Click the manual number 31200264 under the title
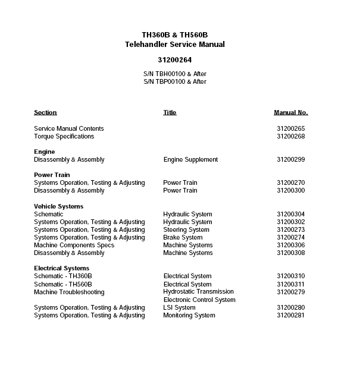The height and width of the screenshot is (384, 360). (174, 59)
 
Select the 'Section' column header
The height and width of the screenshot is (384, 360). (45, 112)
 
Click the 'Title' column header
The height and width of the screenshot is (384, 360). (170, 112)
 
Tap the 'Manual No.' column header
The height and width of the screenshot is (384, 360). (290, 112)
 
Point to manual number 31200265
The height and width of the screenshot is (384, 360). (290, 128)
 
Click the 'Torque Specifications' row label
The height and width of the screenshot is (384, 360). (64, 136)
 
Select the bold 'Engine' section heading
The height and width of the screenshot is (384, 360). (44, 152)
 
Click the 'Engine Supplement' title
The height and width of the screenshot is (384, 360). (190, 159)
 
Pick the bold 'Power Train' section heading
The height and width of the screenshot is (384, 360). (52, 175)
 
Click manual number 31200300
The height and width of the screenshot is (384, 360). (290, 190)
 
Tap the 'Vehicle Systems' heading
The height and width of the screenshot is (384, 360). (58, 206)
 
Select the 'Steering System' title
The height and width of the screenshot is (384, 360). (186, 229)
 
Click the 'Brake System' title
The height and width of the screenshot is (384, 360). (183, 237)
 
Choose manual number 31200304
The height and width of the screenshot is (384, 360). (290, 214)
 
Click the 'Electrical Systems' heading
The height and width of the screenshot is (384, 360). (61, 268)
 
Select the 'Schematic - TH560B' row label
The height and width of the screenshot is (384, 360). (63, 284)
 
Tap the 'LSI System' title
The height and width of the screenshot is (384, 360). (179, 307)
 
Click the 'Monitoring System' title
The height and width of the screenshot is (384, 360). (189, 315)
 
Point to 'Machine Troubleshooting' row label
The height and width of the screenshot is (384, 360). (69, 292)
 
